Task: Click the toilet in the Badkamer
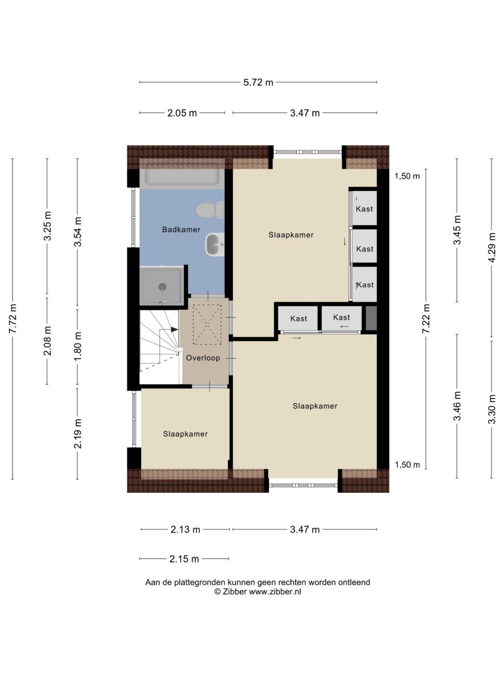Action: (x=210, y=210)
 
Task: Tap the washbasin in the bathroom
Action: (x=215, y=244)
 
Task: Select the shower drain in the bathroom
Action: (x=162, y=287)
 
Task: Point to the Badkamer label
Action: (x=181, y=229)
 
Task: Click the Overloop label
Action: (x=203, y=358)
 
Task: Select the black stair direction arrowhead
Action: (x=174, y=329)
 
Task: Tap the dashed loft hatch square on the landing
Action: (x=207, y=324)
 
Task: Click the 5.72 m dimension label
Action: (x=258, y=83)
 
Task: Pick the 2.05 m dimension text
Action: (x=182, y=113)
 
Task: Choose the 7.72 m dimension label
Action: (x=13, y=319)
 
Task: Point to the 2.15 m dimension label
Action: (x=184, y=559)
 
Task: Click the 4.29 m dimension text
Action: (x=492, y=248)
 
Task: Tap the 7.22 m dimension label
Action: (x=426, y=319)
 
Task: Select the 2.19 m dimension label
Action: (x=78, y=434)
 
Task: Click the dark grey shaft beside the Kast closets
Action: (x=371, y=318)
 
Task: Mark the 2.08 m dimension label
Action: (x=47, y=341)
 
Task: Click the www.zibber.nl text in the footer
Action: (x=275, y=592)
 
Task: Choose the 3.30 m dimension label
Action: (x=492, y=409)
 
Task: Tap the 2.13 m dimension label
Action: (x=185, y=529)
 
